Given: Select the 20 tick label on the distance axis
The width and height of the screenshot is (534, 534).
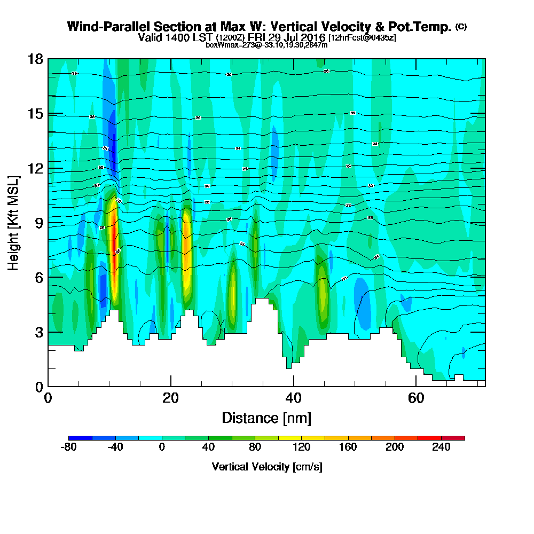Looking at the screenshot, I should pyautogui.click(x=170, y=398).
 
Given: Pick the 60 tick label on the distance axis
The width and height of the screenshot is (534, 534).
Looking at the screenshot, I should pyautogui.click(x=416, y=398).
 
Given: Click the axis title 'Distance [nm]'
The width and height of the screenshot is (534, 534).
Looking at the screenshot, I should pyautogui.click(x=266, y=418).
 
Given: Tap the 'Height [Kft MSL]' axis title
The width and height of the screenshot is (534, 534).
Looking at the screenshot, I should pyautogui.click(x=14, y=223).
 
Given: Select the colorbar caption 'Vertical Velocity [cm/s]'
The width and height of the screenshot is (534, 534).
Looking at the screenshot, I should pyautogui.click(x=266, y=467).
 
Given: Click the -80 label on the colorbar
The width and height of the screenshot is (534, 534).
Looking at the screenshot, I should pyautogui.click(x=69, y=448).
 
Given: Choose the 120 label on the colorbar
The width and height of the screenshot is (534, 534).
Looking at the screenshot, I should pyautogui.click(x=302, y=448).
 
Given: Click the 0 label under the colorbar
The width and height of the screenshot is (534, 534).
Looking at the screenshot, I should pyautogui.click(x=162, y=448).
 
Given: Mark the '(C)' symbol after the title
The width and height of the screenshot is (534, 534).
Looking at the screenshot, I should pyautogui.click(x=461, y=26).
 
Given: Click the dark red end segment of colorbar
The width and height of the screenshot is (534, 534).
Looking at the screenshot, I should pyautogui.click(x=459, y=438).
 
